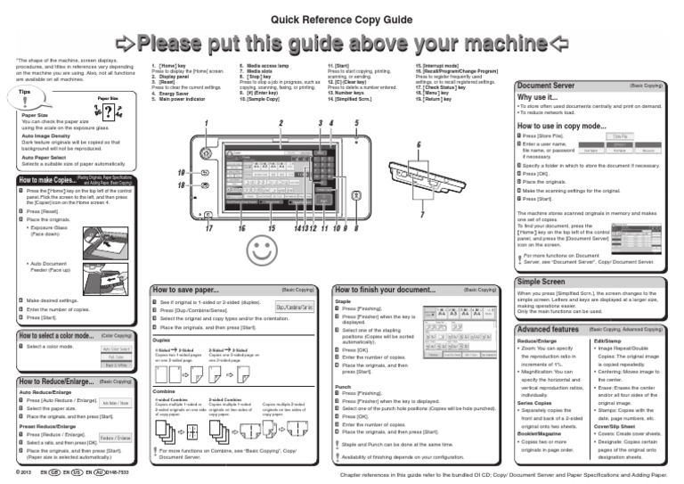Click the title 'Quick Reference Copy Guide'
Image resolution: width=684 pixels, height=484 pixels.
[x=342, y=18]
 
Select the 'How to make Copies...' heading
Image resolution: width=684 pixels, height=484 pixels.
[x=47, y=181]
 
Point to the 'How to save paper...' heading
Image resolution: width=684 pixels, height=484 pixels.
[x=185, y=290]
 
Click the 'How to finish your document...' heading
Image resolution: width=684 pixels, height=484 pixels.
[x=385, y=290]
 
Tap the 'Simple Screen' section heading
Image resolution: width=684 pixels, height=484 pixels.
[x=541, y=281]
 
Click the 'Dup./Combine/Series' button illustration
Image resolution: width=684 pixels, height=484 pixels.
[x=295, y=307]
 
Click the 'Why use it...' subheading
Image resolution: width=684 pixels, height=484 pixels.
[x=538, y=97]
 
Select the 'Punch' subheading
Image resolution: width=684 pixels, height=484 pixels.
[x=342, y=387]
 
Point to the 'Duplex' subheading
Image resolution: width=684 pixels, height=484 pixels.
[x=161, y=340]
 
